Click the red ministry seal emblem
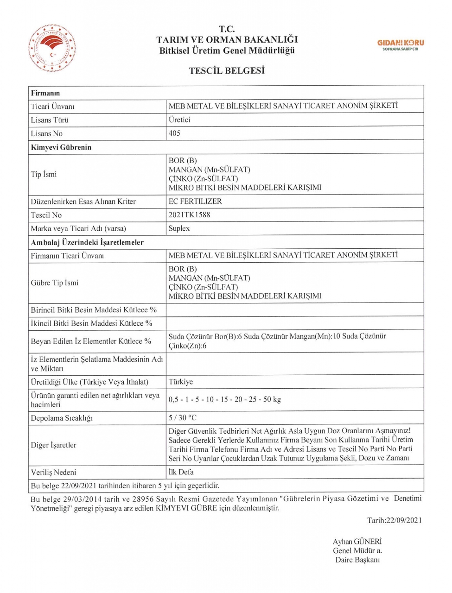click(x=52, y=48)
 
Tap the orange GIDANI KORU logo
click(x=400, y=44)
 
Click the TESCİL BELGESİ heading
click(x=227, y=71)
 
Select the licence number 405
click(x=174, y=133)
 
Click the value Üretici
click(x=179, y=120)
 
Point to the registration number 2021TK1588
click(x=189, y=215)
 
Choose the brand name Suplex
click(x=179, y=228)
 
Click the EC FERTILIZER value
click(x=195, y=202)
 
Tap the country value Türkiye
click(x=180, y=382)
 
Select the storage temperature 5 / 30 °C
click(x=182, y=418)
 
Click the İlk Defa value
click(x=181, y=472)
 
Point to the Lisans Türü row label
click(x=50, y=120)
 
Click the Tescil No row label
click(x=46, y=215)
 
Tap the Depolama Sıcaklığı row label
click(x=62, y=418)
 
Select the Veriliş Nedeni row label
click(x=53, y=473)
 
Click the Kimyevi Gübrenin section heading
click(x=61, y=147)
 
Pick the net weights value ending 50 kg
click(x=224, y=399)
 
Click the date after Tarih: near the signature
click(x=404, y=520)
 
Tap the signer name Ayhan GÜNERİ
click(x=357, y=542)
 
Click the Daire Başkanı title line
click(x=357, y=560)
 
